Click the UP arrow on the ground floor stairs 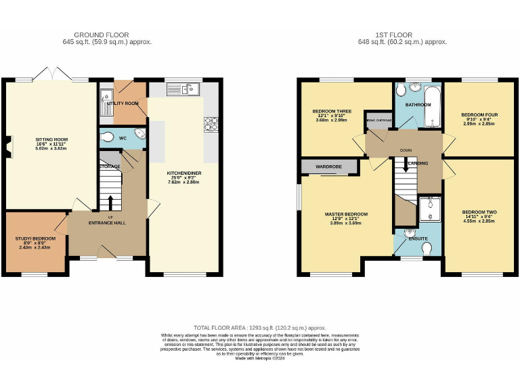(x=110, y=202)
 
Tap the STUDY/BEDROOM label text (x=36, y=239)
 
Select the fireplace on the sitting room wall (x=9, y=146)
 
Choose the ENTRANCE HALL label (x=107, y=222)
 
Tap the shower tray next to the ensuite (x=428, y=210)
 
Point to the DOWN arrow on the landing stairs (x=405, y=165)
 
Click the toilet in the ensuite (x=425, y=249)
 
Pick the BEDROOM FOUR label (x=479, y=115)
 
